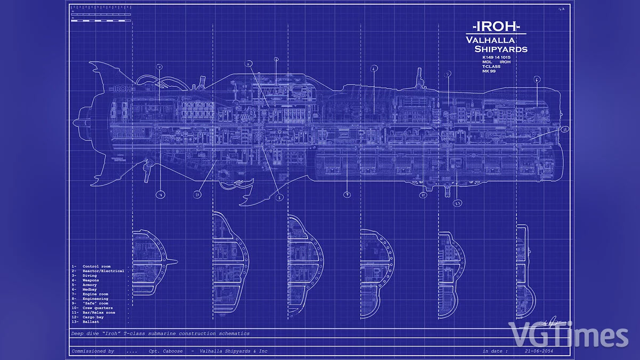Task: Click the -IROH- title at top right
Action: tap(497, 27)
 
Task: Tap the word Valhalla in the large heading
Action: tap(490, 40)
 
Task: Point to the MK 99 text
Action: tap(489, 71)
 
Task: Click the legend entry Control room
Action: tap(97, 266)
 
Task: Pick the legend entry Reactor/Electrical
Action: tap(103, 271)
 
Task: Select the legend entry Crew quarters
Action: tap(98, 308)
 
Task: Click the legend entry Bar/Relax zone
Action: tap(99, 313)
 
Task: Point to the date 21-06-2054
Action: tap(539, 351)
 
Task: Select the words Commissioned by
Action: tap(93, 351)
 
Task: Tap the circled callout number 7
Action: tap(159, 195)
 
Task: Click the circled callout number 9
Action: tap(347, 195)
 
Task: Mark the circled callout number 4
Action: tap(374, 68)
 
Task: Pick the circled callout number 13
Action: tap(457, 203)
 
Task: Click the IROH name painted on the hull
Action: tap(120, 89)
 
